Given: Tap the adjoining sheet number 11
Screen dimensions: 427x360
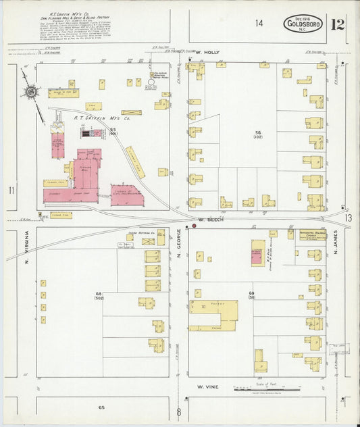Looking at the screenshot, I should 11,191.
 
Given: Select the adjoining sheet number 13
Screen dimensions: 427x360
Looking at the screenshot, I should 347,218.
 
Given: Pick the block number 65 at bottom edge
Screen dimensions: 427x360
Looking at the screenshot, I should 101,408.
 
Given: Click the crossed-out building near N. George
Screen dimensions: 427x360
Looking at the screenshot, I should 132,112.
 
